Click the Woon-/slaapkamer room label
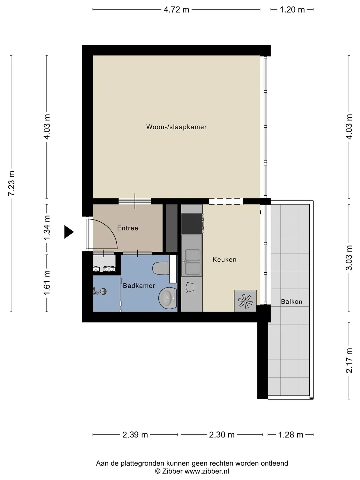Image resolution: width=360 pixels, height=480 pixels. (x=176, y=127)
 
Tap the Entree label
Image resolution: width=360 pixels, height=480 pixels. (x=128, y=228)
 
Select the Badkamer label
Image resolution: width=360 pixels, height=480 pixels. (x=139, y=286)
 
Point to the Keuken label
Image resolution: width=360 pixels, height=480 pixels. (x=224, y=259)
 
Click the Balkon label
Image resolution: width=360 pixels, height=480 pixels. (x=292, y=301)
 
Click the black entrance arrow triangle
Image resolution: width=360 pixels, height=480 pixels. (x=69, y=232)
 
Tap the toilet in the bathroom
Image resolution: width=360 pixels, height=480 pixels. (x=161, y=268)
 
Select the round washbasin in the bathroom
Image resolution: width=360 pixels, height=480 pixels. (x=167, y=298)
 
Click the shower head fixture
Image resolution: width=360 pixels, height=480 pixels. (x=100, y=291)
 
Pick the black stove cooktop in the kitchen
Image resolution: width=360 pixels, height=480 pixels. (x=192, y=224)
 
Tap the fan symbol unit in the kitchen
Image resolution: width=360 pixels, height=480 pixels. (x=245, y=301)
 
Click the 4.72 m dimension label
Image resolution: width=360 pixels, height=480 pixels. (x=176, y=10)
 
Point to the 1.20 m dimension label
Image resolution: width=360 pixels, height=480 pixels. (x=292, y=10)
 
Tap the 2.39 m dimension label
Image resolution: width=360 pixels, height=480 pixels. (x=135, y=434)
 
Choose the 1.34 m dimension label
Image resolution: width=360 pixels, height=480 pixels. (x=47, y=227)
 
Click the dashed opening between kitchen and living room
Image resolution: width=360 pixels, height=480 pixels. (x=226, y=201)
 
